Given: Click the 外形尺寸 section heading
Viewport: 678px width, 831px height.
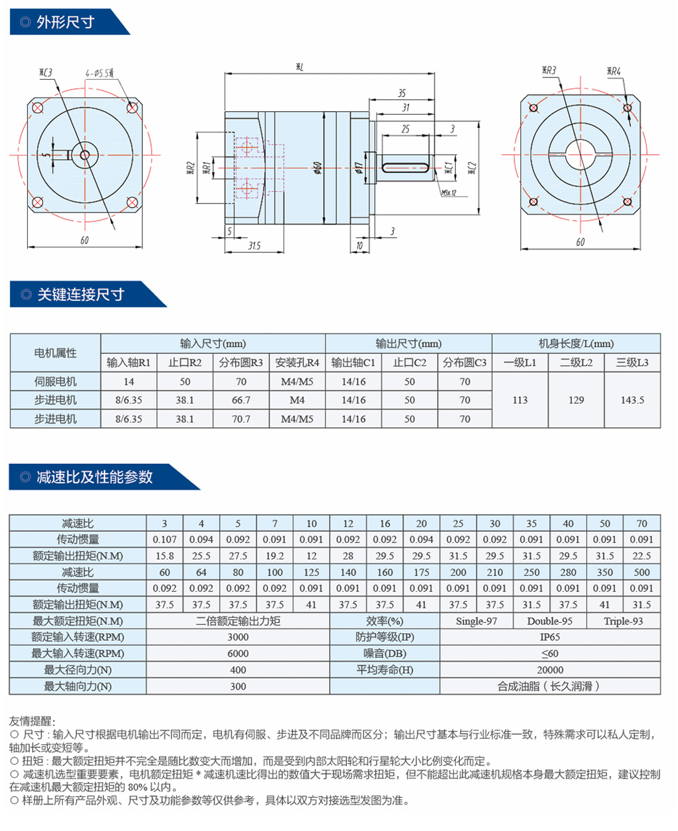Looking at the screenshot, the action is coord(66,22).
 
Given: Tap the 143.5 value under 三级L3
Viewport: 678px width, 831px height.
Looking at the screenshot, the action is coord(632,400).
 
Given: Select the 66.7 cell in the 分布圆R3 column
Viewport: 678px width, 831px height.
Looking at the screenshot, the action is coord(241,400).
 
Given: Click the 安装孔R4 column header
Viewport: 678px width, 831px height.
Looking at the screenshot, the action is coord(297,362).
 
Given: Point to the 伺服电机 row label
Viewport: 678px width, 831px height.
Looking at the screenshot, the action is coord(55,381).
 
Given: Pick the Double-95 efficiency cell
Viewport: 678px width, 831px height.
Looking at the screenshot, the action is coord(549,621).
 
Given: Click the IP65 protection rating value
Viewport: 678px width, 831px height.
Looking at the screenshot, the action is coord(549,637).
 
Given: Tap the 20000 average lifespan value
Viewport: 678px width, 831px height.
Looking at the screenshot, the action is coord(550,670).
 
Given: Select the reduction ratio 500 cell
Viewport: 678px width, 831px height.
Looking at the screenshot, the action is coord(641,572).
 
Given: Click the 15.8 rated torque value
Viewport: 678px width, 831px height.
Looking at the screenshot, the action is coord(164,556).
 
